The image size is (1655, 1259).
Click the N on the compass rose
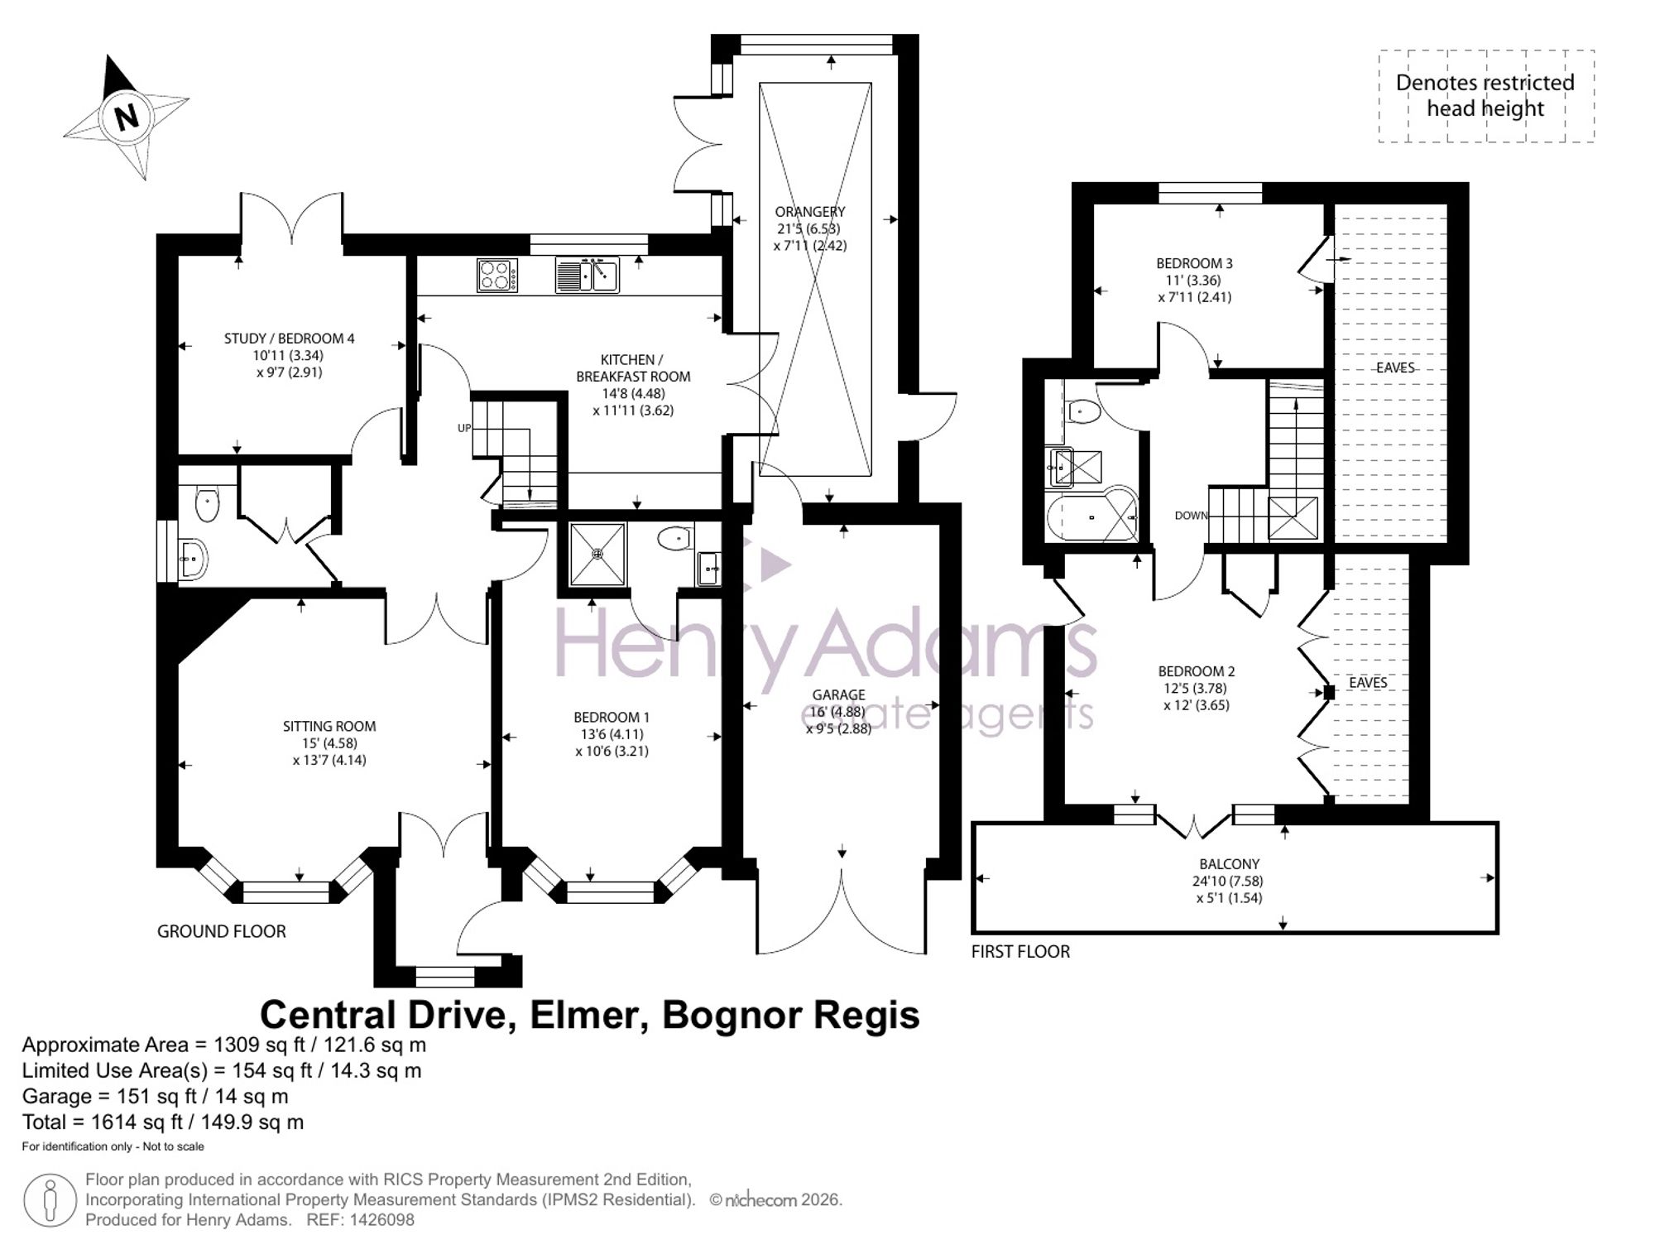(x=127, y=118)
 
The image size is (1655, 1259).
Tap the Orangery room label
(x=810, y=212)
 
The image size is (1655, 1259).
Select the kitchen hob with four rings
(x=497, y=276)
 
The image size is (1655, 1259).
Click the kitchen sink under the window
(x=587, y=276)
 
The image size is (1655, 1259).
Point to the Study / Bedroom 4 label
(x=289, y=339)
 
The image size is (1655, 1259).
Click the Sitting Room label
(x=329, y=727)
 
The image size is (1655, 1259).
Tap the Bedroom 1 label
(x=612, y=718)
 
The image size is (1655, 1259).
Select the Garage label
(x=838, y=695)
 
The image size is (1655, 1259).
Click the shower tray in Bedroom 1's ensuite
(x=598, y=553)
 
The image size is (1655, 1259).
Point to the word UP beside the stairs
(x=464, y=428)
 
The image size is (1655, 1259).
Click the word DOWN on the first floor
(x=1191, y=516)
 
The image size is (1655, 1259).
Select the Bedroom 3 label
(x=1194, y=264)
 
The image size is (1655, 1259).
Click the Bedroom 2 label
(x=1196, y=671)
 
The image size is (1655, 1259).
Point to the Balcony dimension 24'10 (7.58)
(x=1228, y=882)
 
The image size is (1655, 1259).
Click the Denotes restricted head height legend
(x=1485, y=95)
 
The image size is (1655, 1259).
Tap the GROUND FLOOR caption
(x=222, y=931)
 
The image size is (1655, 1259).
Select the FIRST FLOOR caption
(x=1020, y=952)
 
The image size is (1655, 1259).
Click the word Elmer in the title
(x=588, y=1016)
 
